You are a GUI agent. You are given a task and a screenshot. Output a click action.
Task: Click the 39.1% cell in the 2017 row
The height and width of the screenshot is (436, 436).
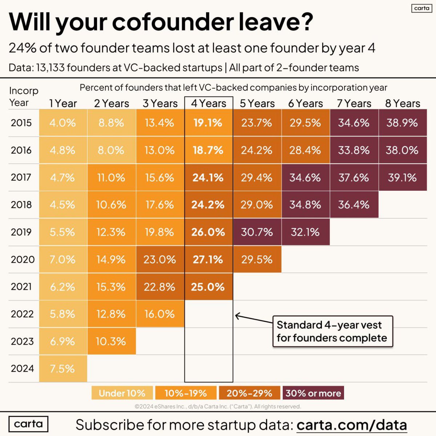pos(403,178)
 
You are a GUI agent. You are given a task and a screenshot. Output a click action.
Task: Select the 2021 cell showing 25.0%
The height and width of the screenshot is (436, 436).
pos(209,287)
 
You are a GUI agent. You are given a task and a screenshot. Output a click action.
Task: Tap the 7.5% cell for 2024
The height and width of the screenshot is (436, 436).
pos(63,368)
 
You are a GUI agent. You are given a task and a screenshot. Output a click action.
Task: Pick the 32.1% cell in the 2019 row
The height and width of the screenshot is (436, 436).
pos(305,232)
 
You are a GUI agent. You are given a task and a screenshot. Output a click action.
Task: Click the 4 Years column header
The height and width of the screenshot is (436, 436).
pos(209,104)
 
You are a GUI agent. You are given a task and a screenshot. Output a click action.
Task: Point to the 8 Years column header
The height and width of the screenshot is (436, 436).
pos(403,104)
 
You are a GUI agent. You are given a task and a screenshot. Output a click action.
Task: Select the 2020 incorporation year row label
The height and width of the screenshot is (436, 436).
pos(23,259)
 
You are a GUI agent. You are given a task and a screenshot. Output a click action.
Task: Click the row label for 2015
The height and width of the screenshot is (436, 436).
pos(21,123)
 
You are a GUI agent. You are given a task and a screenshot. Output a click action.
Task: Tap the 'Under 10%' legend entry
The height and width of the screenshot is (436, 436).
pos(122,393)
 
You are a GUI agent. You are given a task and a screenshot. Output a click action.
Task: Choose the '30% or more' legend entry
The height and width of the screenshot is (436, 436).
pos(313,393)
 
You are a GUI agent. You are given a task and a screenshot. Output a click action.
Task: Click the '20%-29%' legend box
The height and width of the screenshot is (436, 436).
pos(249,393)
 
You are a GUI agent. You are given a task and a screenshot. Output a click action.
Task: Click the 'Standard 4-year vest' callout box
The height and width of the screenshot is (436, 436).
pos(332,331)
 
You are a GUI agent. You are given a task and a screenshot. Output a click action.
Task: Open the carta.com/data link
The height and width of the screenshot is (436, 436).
pos(351,424)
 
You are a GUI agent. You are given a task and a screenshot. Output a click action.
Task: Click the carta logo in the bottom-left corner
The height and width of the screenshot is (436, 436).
pos(28,424)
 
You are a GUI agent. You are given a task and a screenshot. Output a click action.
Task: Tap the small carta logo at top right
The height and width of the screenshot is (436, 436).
pos(421,8)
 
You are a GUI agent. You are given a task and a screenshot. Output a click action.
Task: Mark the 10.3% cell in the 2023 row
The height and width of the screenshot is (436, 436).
pos(111,341)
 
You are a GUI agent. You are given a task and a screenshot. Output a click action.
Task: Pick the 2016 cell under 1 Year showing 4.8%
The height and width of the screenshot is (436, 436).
pos(63,150)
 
